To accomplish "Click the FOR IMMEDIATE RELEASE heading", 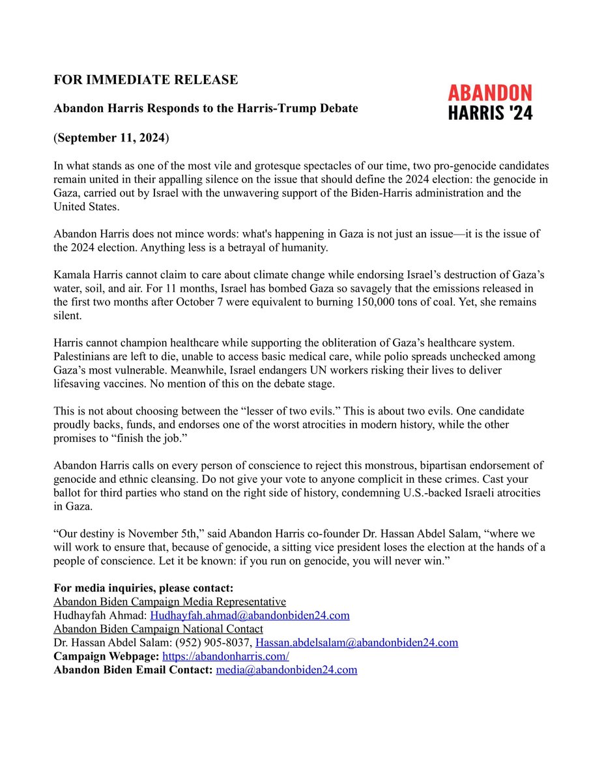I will [x=145, y=80].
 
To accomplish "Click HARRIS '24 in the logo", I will [x=490, y=113].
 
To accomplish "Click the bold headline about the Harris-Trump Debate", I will [x=205, y=108].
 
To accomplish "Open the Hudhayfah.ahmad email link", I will [x=250, y=615].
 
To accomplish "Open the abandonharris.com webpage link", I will [x=225, y=656].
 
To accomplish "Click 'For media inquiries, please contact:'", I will [x=139, y=588].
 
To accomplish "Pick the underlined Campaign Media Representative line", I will [x=169, y=601].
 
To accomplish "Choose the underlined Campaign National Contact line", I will [x=158, y=629].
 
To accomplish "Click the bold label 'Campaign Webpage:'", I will [x=106, y=656].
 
